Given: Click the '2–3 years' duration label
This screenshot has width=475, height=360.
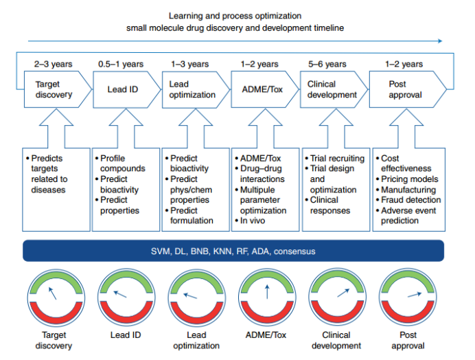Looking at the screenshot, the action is click(54, 65).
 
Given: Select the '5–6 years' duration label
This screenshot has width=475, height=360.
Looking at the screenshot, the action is click(327, 65).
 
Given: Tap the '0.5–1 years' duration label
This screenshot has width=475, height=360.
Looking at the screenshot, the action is click(121, 65).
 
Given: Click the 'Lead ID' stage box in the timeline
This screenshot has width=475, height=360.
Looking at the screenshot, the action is click(126, 89).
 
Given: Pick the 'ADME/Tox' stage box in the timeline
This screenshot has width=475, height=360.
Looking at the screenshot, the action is click(265, 89).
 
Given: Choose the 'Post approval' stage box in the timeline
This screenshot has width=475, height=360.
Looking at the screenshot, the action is click(408, 89).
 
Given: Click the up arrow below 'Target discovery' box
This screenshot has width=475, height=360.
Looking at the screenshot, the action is click(56, 128).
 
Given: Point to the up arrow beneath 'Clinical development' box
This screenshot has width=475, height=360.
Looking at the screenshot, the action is click(336, 128).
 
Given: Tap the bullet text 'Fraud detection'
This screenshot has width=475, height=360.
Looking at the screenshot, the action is click(410, 200).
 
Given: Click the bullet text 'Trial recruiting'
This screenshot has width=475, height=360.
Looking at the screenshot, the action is click(337, 158).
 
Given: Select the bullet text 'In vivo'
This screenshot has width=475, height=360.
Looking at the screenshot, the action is click(253, 221).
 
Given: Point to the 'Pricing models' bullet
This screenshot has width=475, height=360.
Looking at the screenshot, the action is click(410, 179).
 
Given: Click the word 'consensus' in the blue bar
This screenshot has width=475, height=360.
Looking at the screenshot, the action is click(294, 251).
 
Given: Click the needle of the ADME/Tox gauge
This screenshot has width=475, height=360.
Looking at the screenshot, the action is click(267, 292).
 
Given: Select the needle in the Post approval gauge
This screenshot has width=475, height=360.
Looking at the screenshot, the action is click(415, 295).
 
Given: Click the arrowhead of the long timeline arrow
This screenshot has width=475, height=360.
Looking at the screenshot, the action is click(440, 41).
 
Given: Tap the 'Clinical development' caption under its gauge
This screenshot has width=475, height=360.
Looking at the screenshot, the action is click(336, 340).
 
